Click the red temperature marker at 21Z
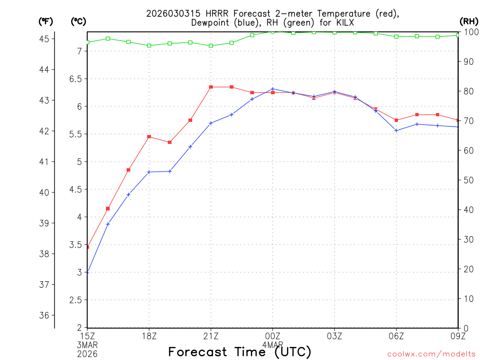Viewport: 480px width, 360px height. (211, 87)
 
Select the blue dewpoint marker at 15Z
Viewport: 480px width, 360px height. (88, 272)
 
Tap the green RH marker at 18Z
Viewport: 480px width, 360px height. (149, 45)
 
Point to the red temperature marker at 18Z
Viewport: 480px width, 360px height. (149, 137)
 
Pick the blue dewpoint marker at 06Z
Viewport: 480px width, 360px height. (396, 130)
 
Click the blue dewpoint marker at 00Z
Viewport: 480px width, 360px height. (273, 89)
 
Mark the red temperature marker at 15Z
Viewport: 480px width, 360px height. (88, 247)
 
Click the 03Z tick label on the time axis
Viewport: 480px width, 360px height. (334, 336)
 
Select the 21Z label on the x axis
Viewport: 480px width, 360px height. (211, 336)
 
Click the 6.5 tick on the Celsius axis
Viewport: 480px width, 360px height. (75, 79)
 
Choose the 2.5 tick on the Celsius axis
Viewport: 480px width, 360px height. (75, 300)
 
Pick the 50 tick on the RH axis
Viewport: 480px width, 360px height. (467, 180)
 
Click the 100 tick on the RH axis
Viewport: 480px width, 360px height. (469, 32)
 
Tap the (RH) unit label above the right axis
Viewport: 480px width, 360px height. (468, 21)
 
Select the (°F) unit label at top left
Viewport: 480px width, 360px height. (46, 21)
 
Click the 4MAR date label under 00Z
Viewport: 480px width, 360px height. (272, 345)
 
